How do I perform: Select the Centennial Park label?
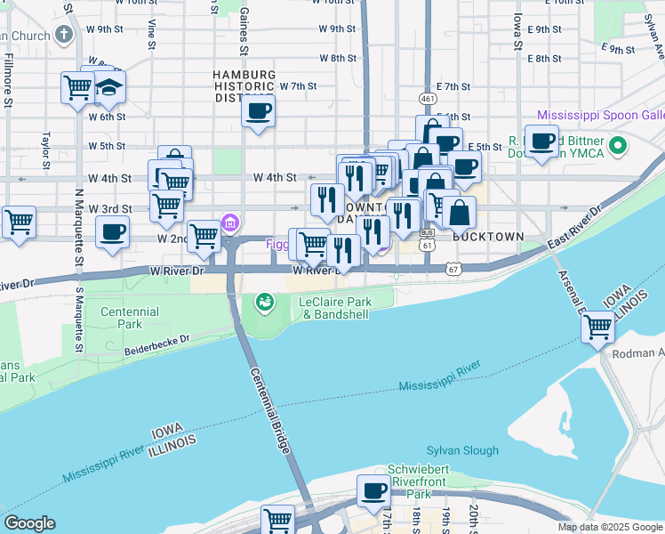coord(130,319)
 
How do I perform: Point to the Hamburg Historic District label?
coord(244,86)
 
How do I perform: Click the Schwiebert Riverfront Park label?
coord(422,481)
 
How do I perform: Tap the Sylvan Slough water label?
coord(462,450)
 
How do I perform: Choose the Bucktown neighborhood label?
coord(486,238)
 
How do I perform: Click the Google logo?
coord(29,523)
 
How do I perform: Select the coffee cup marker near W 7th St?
coord(258,111)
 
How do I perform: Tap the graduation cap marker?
coord(109,87)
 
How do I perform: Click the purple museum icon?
coord(229,221)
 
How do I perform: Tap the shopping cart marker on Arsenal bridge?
coord(597,328)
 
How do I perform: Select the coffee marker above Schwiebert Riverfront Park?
coord(373,490)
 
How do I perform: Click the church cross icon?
coord(63,35)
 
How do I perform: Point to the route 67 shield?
coord(453,269)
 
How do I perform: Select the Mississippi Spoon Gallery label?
coord(600,117)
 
